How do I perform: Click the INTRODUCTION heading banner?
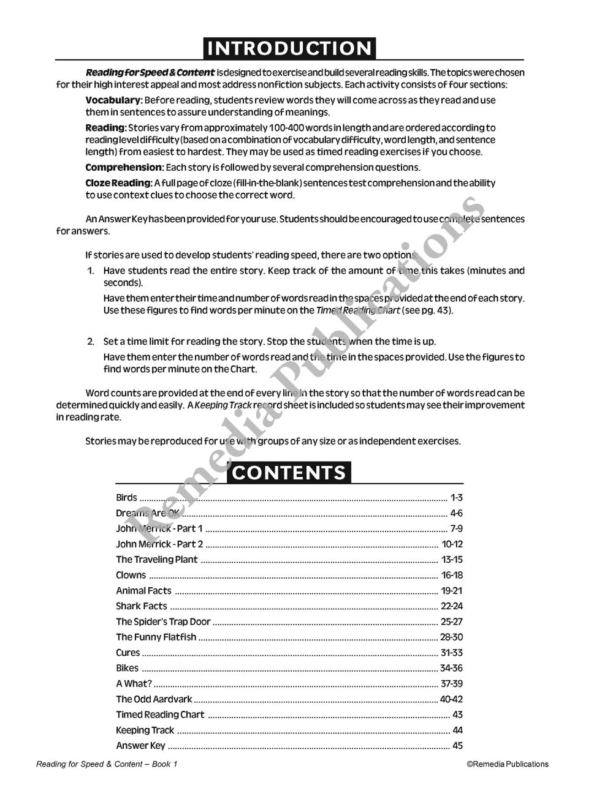tap(289, 48)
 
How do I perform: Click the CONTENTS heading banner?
tap(289, 473)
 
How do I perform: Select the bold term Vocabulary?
tap(113, 100)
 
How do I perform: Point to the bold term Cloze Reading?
tap(118, 182)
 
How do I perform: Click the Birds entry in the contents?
tap(127, 498)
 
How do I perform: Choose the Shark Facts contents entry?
tap(142, 606)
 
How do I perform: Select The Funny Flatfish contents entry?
tap(156, 637)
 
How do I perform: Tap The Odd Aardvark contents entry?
tap(154, 699)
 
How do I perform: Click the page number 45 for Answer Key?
tap(457, 746)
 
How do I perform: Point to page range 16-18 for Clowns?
tap(452, 575)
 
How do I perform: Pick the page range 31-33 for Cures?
tap(452, 653)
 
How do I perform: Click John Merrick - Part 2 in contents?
tap(159, 544)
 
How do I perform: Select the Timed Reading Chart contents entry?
tap(160, 715)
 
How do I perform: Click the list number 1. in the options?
tap(90, 271)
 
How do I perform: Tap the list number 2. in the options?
tap(90, 342)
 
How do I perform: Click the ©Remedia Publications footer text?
tap(508, 764)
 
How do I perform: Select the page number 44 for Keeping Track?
tap(457, 730)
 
